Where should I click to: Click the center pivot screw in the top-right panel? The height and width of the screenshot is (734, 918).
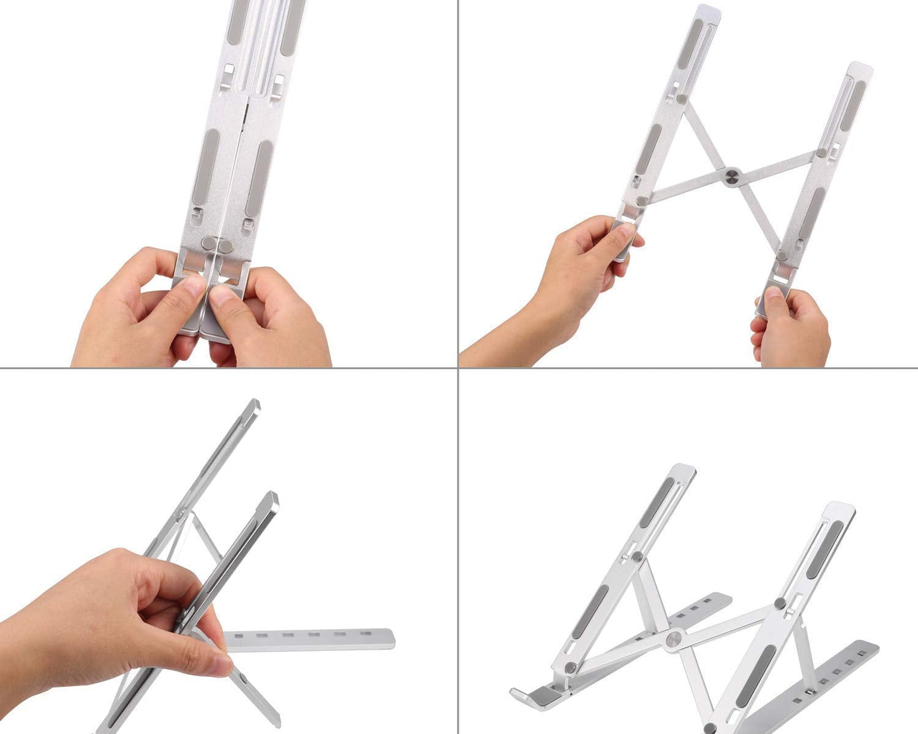[x=732, y=177]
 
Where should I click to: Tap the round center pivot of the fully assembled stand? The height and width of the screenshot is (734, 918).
[x=674, y=638]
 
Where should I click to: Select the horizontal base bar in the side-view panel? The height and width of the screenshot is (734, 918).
[x=309, y=638]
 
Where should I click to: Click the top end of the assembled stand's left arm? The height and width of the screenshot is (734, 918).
[x=684, y=470]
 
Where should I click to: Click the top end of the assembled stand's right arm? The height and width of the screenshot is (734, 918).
[x=842, y=508]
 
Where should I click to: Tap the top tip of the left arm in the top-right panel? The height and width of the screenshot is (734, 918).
[x=709, y=11]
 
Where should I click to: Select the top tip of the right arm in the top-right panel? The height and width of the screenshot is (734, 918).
[x=861, y=68]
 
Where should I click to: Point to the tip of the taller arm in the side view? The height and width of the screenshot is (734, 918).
[x=253, y=404]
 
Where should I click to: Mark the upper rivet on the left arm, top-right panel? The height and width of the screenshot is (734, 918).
[x=681, y=100]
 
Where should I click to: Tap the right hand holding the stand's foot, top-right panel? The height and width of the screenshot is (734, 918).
[x=793, y=329]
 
